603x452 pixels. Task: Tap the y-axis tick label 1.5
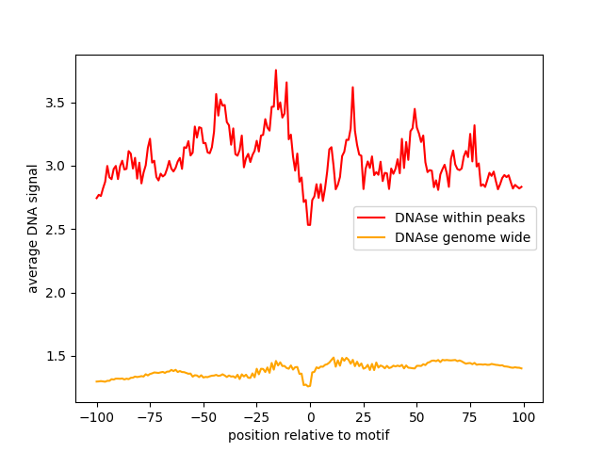(58, 356)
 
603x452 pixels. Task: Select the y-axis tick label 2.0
(58, 293)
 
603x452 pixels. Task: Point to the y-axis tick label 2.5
(58, 230)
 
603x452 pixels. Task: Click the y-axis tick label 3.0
(58, 166)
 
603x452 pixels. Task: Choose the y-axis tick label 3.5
(58, 103)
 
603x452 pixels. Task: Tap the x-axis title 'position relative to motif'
(309, 436)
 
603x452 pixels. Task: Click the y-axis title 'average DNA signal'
(33, 229)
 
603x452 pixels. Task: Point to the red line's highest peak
(276, 70)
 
